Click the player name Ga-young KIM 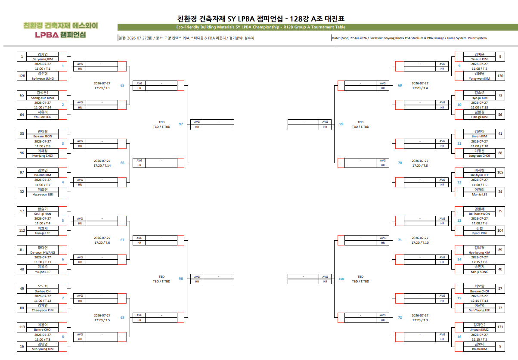coord(43,59)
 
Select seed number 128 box coord(22,76)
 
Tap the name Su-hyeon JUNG coord(43,79)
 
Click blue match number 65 coord(122,85)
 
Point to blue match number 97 coord(181,124)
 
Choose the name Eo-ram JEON coord(43,137)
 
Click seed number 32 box coord(22,192)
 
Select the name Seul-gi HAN coord(43,214)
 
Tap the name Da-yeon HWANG coord(43,253)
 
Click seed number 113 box coord(22,327)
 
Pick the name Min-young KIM coord(43,349)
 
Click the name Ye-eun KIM coord(479,59)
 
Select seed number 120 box coord(500,76)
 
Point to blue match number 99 coord(341,124)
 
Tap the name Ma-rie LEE coord(479,195)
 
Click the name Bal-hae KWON coord(479,214)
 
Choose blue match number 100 coord(341,279)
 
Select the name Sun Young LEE coord(479,310)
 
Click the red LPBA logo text coord(47,35)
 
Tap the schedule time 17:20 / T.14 coord(102,165)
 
